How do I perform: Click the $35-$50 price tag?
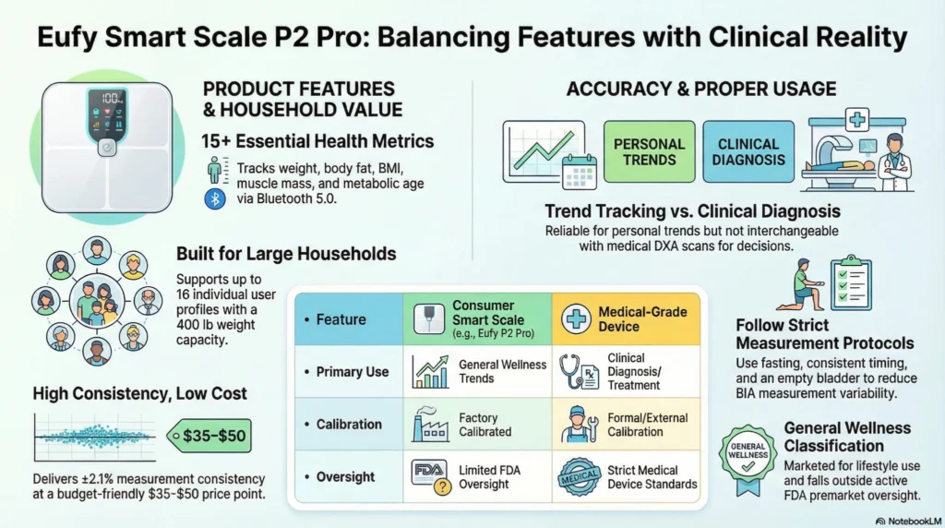210,434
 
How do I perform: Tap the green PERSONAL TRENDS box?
649,151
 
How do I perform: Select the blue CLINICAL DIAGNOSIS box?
748,151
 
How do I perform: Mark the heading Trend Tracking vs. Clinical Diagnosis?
692,211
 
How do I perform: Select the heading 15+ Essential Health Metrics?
318,141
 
